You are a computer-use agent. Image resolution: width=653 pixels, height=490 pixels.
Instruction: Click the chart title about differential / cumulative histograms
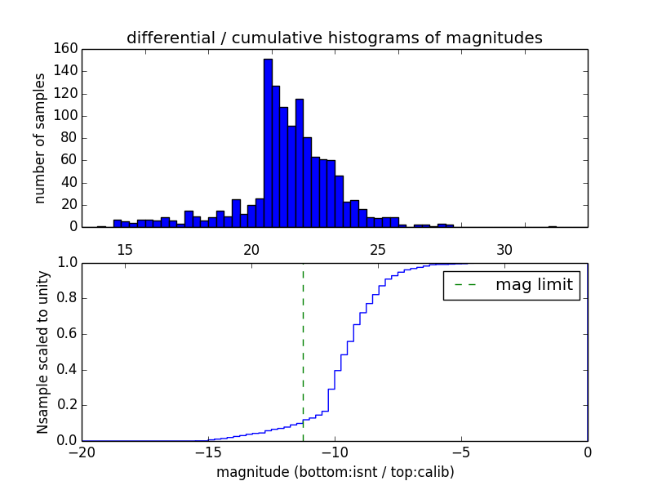[334, 38]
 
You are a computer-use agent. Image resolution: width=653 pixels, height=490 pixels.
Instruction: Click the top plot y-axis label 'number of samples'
[40, 138]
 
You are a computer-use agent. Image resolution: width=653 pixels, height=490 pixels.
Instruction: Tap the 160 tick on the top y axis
[66, 49]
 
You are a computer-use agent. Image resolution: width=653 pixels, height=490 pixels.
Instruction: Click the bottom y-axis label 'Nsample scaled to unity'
[42, 351]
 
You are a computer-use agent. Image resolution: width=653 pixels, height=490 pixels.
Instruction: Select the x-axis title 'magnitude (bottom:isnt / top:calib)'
[335, 472]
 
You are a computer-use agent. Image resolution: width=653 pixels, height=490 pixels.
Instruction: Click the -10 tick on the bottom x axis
[334, 452]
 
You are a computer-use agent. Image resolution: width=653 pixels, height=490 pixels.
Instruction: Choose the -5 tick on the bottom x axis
[460, 452]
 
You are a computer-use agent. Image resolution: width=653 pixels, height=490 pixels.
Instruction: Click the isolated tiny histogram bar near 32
[553, 226]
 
